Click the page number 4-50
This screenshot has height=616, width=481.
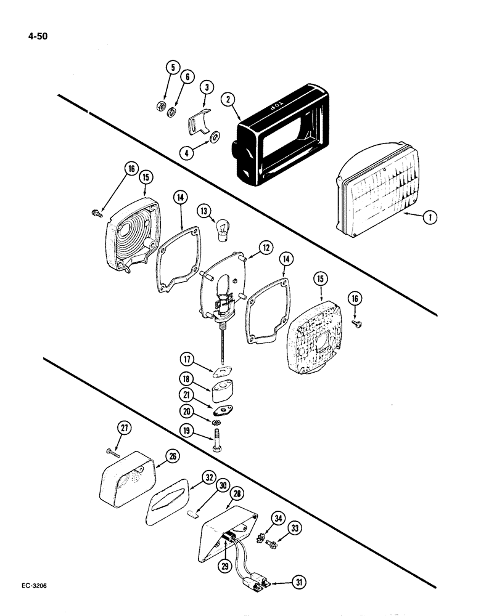[35, 35]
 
